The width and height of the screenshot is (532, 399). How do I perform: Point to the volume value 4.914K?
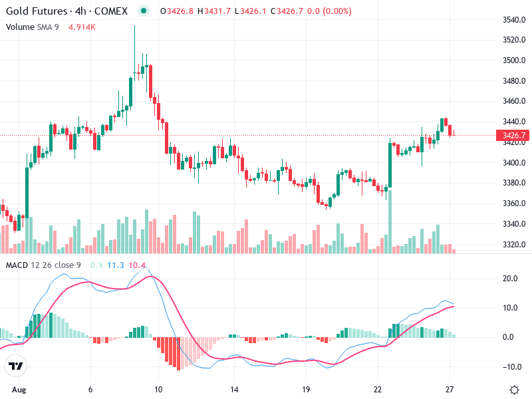click(x=84, y=27)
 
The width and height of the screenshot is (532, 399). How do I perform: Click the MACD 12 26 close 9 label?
click(x=43, y=265)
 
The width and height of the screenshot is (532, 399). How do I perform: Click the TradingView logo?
click(x=16, y=366)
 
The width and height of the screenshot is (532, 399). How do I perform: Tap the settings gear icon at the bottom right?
click(x=514, y=389)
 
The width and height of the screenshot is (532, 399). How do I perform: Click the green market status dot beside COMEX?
click(x=144, y=11)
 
